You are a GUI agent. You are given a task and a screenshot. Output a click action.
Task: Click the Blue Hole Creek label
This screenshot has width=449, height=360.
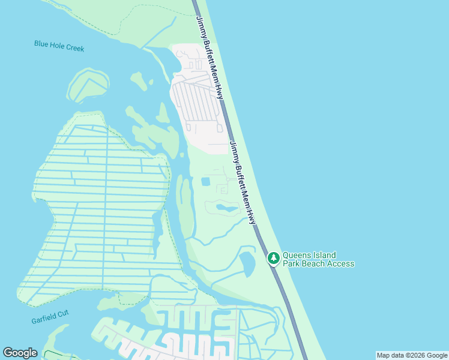[59, 46]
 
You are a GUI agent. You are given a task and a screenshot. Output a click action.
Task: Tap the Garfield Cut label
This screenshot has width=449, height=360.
[50, 317]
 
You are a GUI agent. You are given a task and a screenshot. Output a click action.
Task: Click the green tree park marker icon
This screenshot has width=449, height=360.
[274, 258]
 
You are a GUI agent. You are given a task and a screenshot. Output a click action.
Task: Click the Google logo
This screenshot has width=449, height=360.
[20, 353]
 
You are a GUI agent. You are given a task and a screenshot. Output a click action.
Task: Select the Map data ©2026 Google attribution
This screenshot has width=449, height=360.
[412, 355]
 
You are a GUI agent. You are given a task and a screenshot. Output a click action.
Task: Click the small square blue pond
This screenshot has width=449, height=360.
[206, 181]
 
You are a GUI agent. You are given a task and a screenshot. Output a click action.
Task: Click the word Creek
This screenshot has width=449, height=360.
[75, 47]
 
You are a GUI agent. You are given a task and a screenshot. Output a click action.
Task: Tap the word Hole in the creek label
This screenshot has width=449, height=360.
[57, 45]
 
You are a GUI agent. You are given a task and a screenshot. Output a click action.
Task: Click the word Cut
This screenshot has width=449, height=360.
[64, 313]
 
